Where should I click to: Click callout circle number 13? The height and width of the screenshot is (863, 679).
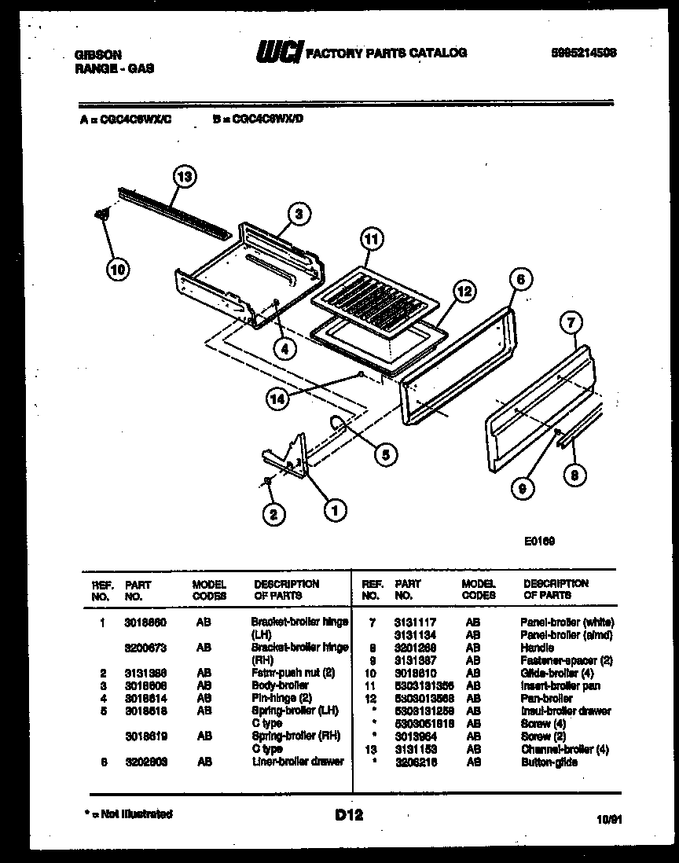pyautogui.click(x=183, y=176)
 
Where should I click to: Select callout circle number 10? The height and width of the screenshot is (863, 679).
pyautogui.click(x=117, y=270)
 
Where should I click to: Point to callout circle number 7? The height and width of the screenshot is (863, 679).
pyautogui.click(x=572, y=321)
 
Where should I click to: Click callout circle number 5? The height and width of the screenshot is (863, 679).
pyautogui.click(x=385, y=453)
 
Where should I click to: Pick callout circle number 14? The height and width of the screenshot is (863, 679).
pyautogui.click(x=277, y=399)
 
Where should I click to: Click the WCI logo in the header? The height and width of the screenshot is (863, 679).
pyautogui.click(x=277, y=53)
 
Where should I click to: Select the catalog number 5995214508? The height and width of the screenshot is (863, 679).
pyautogui.click(x=583, y=53)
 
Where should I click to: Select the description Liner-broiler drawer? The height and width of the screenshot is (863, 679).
pyautogui.click(x=298, y=762)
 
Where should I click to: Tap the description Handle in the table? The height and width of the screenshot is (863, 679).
pyautogui.click(x=537, y=648)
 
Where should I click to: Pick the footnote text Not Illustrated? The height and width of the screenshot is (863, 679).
pyautogui.click(x=130, y=814)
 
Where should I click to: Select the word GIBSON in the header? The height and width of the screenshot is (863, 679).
pyautogui.click(x=97, y=56)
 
